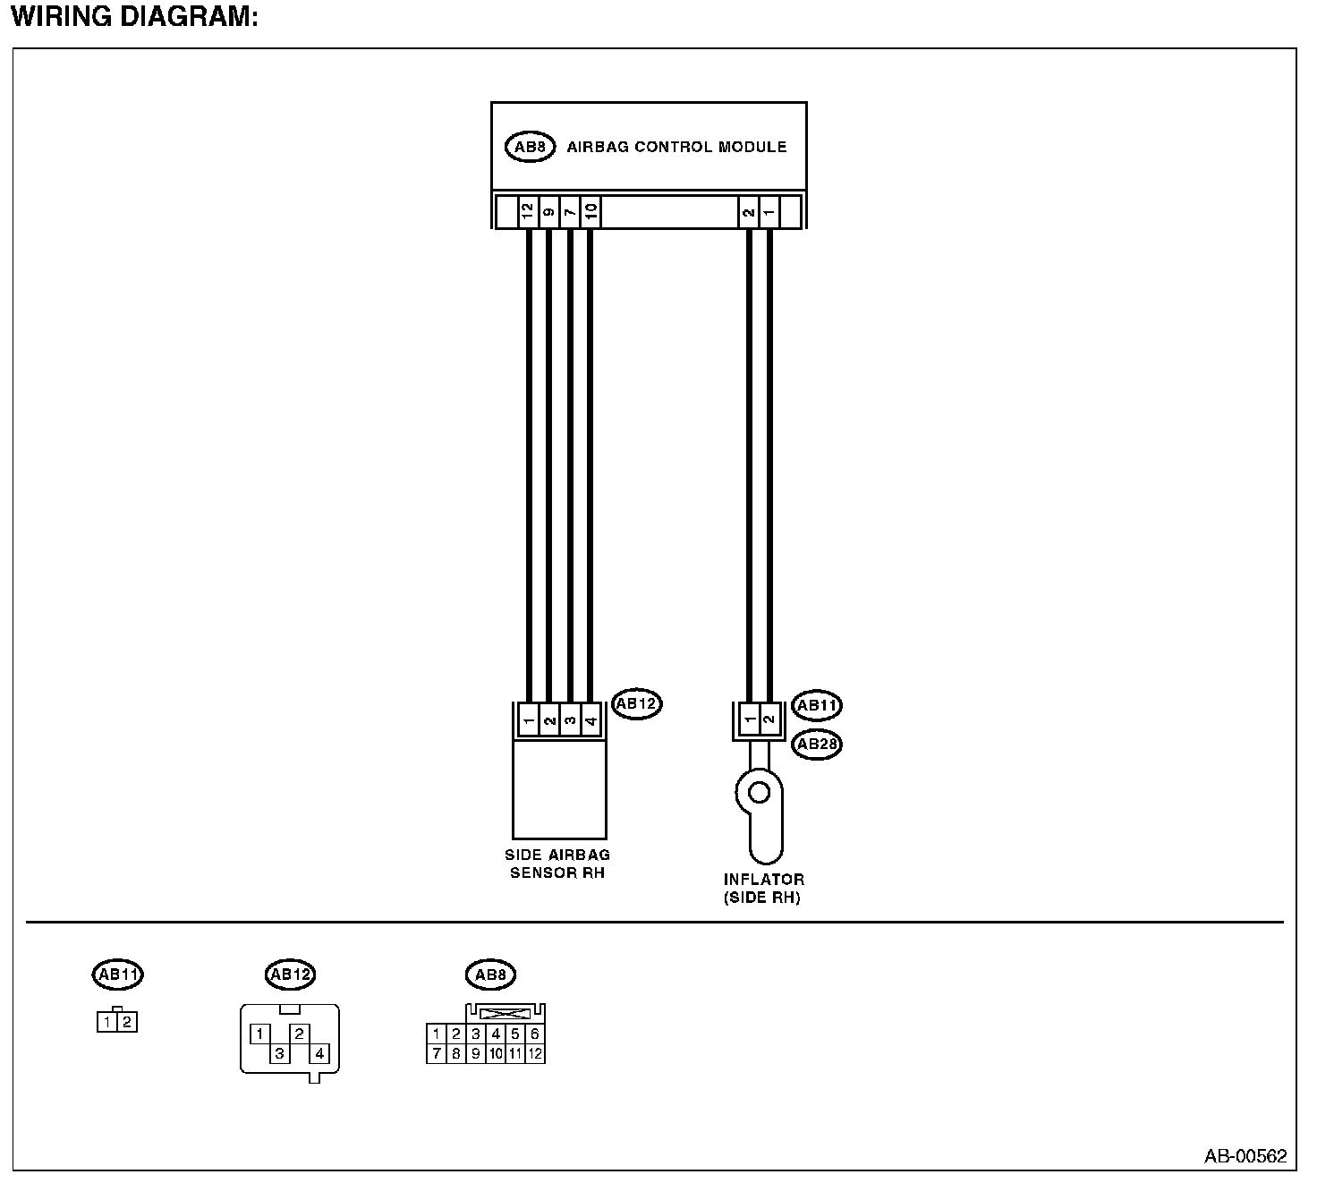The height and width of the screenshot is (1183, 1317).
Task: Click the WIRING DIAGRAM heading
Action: pyautogui.click(x=134, y=17)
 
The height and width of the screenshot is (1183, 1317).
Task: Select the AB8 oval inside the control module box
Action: pyautogui.click(x=531, y=147)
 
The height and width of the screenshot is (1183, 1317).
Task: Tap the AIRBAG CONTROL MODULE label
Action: pyautogui.click(x=676, y=147)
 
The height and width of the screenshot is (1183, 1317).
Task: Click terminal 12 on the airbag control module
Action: pyautogui.click(x=528, y=213)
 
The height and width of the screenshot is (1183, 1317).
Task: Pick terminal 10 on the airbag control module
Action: pyautogui.click(x=591, y=213)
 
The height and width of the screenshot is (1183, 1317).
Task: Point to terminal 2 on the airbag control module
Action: pyautogui.click(x=748, y=213)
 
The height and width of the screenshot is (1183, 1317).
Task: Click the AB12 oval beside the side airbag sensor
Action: pyautogui.click(x=637, y=704)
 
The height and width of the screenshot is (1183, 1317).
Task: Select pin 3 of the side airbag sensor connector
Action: pyautogui.click(x=570, y=720)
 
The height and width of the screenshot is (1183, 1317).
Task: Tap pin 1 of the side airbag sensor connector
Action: pyautogui.click(x=528, y=720)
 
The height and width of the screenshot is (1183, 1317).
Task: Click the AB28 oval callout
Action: pyautogui.click(x=817, y=744)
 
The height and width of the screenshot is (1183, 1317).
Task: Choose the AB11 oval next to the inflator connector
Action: pyautogui.click(x=817, y=705)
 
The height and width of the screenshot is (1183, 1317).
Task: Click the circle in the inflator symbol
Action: pyautogui.click(x=759, y=792)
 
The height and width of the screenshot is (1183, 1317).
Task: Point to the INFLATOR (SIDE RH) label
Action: pyautogui.click(x=763, y=889)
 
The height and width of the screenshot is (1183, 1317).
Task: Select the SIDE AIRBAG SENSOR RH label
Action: pyautogui.click(x=557, y=864)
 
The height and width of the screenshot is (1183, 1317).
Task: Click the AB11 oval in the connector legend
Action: pyautogui.click(x=117, y=974)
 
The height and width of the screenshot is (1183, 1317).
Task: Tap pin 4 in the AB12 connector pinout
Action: pyautogui.click(x=319, y=1053)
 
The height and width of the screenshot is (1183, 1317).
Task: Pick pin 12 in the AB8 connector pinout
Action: pyautogui.click(x=535, y=1053)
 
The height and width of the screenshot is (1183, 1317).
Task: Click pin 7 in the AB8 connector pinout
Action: pyautogui.click(x=436, y=1053)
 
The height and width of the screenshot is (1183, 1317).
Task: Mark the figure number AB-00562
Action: pyautogui.click(x=1245, y=1156)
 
